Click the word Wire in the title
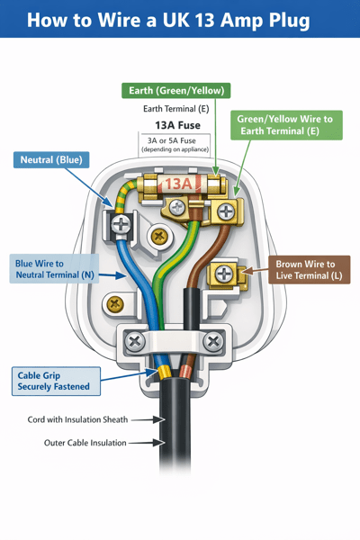click(139, 20)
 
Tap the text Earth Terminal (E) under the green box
click(175, 108)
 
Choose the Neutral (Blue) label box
click(51, 160)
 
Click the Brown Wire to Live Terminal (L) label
click(309, 271)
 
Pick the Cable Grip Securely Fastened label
click(54, 380)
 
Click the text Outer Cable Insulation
click(85, 443)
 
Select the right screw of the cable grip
click(214, 342)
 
